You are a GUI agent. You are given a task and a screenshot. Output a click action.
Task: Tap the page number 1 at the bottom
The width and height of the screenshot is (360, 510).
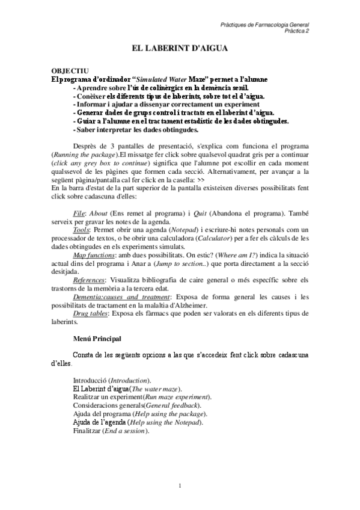coord(180,485)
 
